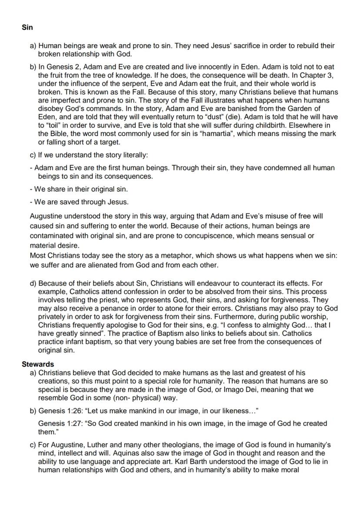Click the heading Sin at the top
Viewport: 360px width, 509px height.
27,27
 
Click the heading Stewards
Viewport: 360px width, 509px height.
38,364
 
